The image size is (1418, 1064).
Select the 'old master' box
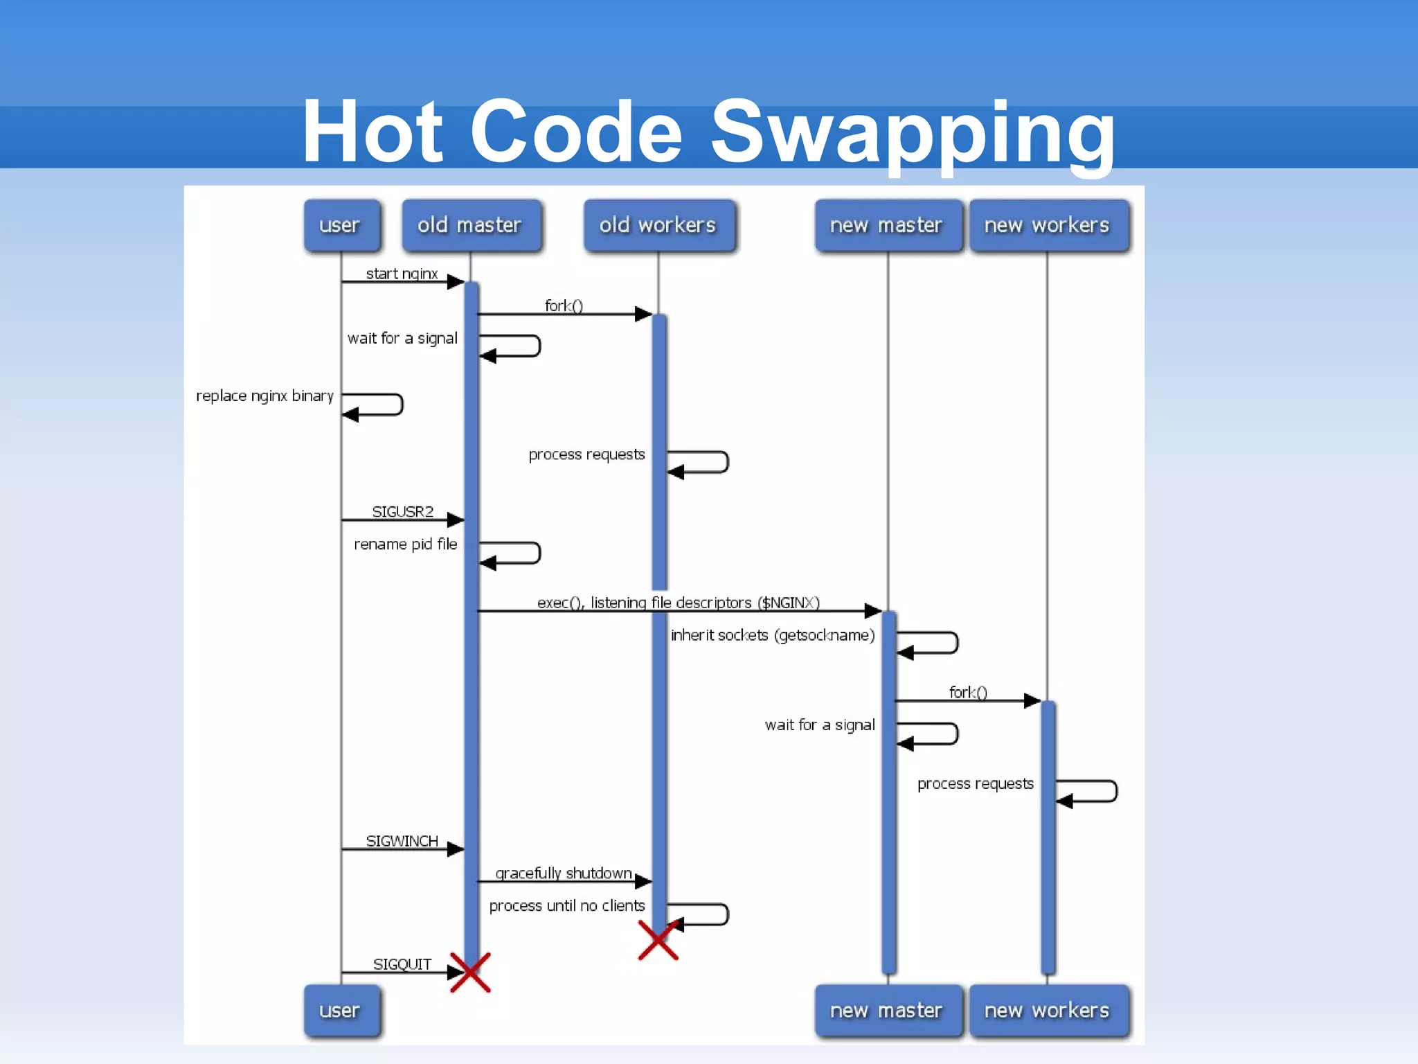click(470, 225)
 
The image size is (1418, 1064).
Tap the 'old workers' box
click(658, 225)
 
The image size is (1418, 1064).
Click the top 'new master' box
click(886, 225)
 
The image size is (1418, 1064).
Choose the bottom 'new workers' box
click(1047, 1011)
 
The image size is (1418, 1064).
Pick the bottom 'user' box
click(340, 1011)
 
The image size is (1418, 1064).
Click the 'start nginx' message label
click(402, 274)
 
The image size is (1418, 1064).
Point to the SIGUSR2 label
click(402, 511)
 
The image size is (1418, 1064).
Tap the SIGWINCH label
click(402, 841)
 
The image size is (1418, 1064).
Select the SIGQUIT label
click(402, 964)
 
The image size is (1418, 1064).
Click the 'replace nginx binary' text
click(264, 396)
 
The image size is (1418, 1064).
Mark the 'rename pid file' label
click(405, 544)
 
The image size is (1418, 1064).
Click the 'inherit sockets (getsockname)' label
click(773, 635)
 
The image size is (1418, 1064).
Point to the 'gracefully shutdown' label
click(564, 873)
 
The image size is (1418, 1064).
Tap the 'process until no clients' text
click(566, 905)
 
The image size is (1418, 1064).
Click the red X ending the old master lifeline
click(470, 973)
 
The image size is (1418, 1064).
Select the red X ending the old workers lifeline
click(658, 941)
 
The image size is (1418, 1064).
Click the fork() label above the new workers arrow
click(968, 692)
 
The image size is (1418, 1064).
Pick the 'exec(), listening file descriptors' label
click(679, 603)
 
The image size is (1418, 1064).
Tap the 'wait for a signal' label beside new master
click(820, 725)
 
